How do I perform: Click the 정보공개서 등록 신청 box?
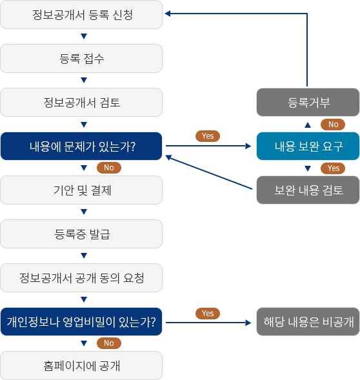[81, 15]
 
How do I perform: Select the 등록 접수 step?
[81, 59]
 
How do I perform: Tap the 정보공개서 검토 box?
[81, 103]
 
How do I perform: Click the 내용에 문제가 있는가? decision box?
[81, 146]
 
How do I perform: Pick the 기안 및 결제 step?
[81, 190]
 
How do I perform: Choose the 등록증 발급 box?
[81, 234]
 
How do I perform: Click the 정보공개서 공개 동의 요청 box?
[81, 277]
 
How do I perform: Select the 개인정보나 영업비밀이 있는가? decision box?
[81, 321]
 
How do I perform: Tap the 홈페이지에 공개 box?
[81, 365]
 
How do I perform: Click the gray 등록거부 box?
[308, 103]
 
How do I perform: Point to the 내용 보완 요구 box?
[308, 146]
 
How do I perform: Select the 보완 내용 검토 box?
[308, 190]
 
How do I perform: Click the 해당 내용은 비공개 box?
[308, 321]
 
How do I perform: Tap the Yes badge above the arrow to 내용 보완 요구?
[208, 136]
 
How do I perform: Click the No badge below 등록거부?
[333, 125]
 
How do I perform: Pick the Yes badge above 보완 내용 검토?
[333, 168]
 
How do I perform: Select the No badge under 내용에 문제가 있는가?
[109, 168]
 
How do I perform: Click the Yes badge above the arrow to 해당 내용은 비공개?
[208, 314]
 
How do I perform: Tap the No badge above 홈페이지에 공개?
[109, 343]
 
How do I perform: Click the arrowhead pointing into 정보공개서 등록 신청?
[168, 14]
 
